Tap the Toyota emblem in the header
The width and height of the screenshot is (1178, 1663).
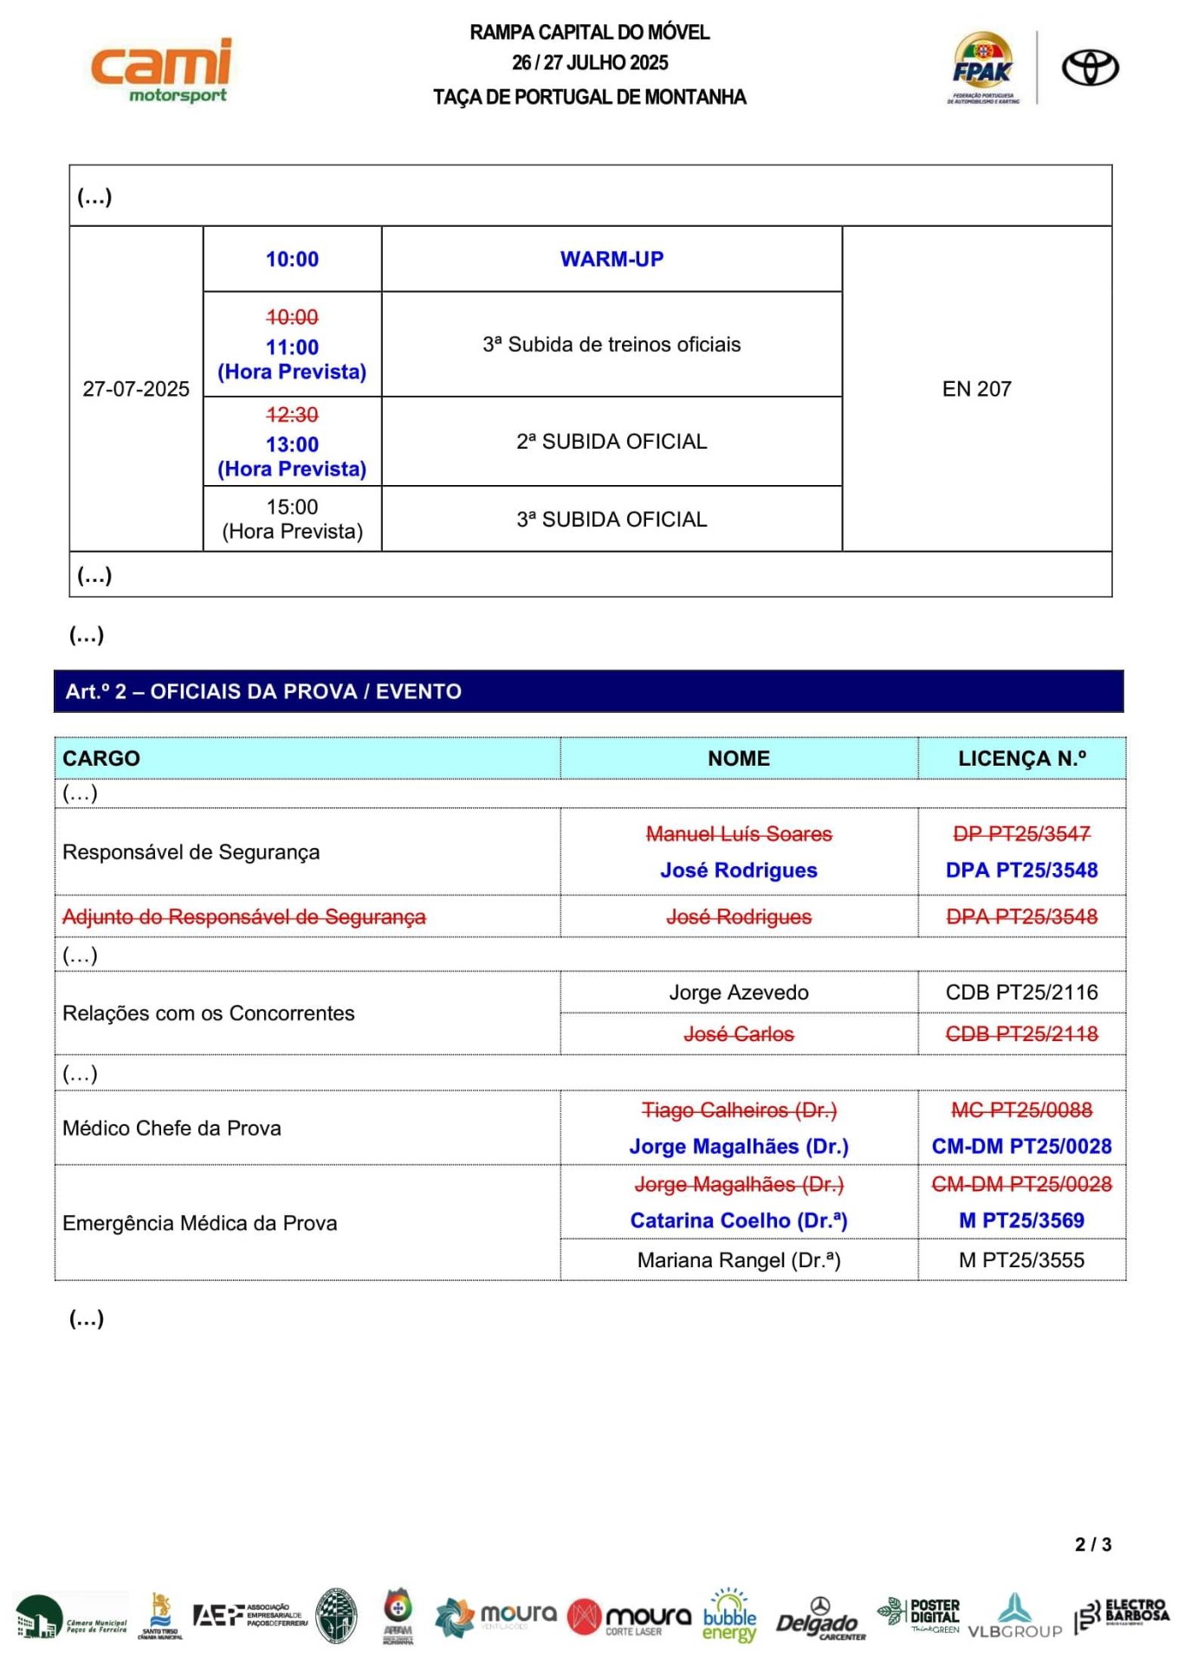pos(1090,68)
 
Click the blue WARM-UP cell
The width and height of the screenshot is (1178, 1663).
pos(612,259)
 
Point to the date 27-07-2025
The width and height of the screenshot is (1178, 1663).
pos(136,389)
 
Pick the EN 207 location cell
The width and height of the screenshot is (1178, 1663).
pos(976,389)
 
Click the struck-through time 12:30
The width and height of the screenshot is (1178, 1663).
pos(292,415)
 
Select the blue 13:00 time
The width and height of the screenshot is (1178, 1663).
pos(292,444)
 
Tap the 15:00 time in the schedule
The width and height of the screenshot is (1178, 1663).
pos(292,507)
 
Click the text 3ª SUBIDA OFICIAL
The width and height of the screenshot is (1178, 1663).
pos(612,519)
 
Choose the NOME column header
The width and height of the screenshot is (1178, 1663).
pos(738,758)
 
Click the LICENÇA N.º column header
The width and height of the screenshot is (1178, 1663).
pos(1021,758)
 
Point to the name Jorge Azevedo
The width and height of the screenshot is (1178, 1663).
pos(738,992)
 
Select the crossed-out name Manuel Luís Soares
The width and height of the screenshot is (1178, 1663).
pos(738,833)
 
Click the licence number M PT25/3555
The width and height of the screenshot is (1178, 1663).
pos(1021,1259)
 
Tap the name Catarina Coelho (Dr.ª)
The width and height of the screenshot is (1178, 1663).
pos(738,1220)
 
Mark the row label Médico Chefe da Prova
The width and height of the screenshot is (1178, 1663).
pos(172,1128)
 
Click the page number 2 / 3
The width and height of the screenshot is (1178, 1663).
pos(1092,1544)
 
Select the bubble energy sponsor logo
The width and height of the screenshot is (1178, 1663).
pos(729,1616)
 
